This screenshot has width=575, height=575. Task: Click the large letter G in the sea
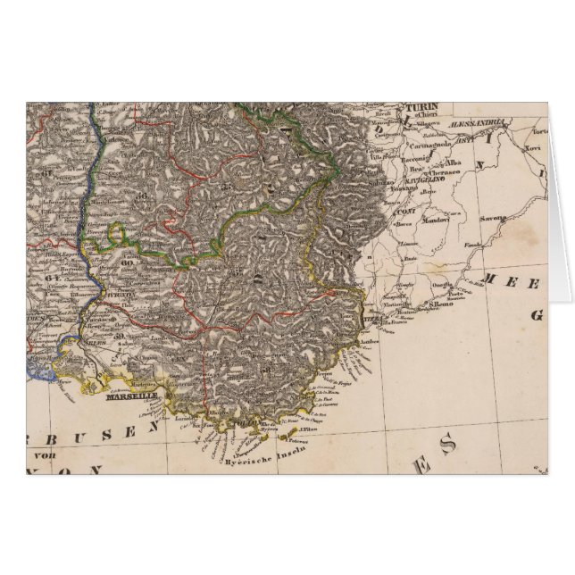coord(537,314)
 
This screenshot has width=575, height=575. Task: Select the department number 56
coord(215,187)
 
